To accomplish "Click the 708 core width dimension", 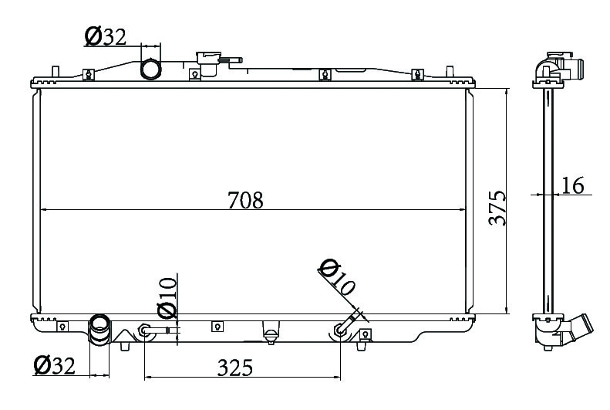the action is [x=245, y=200].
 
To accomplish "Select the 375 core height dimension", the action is [x=497, y=208].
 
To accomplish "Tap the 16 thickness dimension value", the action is [x=572, y=185].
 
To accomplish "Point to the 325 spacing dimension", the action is [x=235, y=368].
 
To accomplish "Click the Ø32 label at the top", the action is [x=106, y=36].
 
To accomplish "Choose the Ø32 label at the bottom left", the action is [x=55, y=365].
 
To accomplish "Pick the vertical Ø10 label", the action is [x=167, y=298].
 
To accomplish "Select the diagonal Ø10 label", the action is [x=337, y=277].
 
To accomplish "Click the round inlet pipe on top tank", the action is [x=150, y=69].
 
